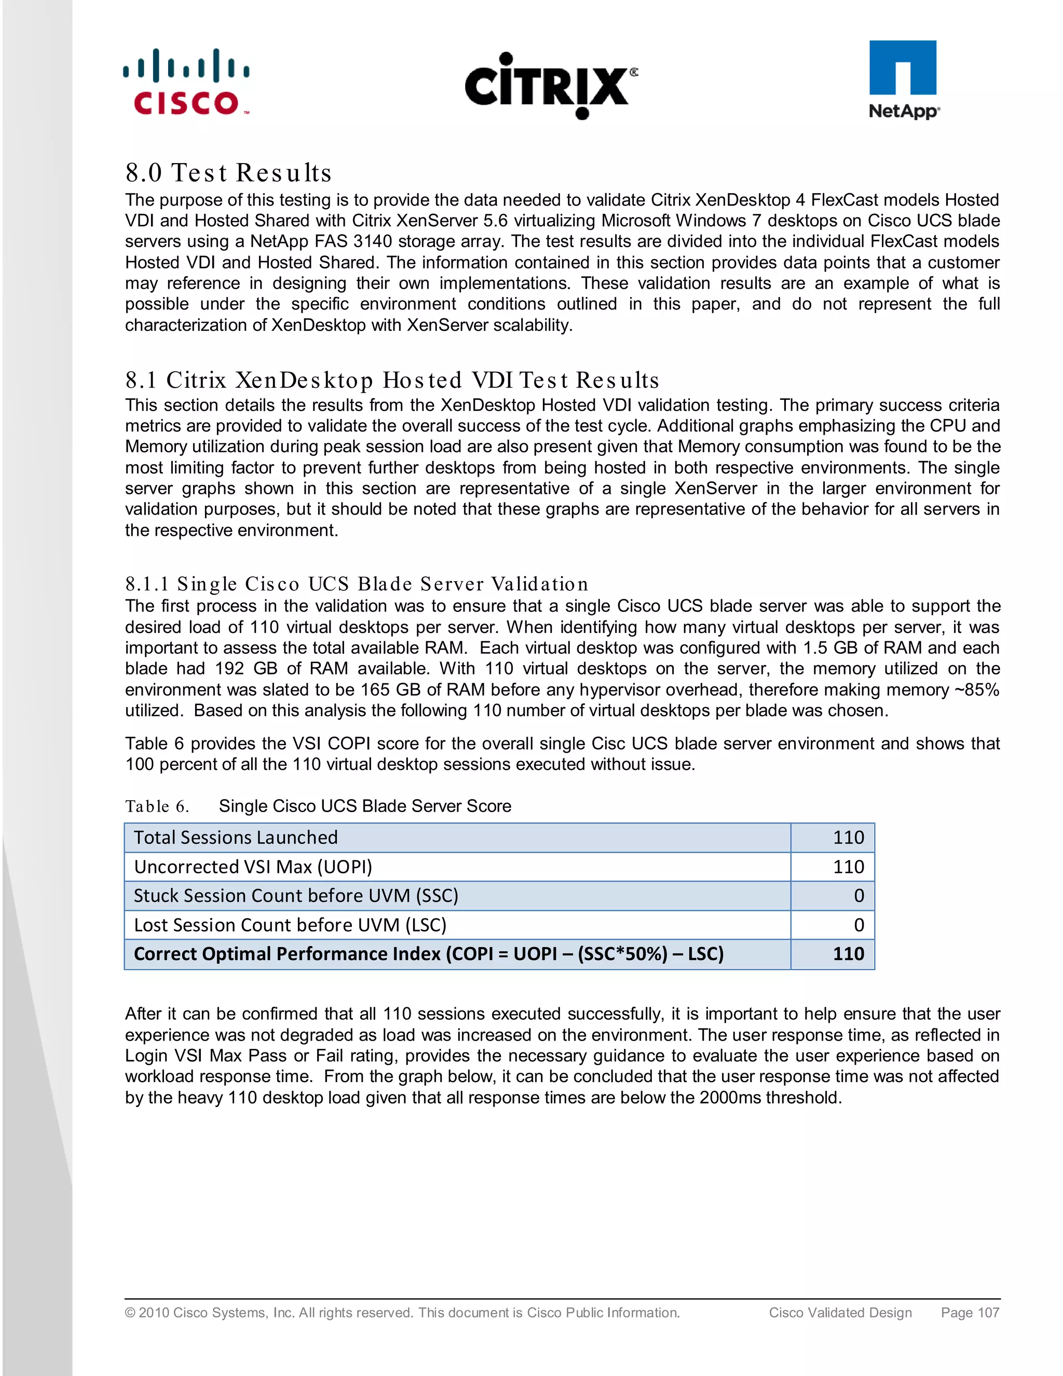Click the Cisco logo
pyautogui.click(x=186, y=83)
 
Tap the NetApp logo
pyautogui.click(x=903, y=79)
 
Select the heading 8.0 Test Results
pyautogui.click(x=228, y=172)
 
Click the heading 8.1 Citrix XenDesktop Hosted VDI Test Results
pyautogui.click(x=392, y=380)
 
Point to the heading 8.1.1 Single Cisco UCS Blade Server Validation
pyautogui.click(x=357, y=584)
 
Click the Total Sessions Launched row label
pyautogui.click(x=236, y=838)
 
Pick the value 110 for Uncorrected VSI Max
pyautogui.click(x=848, y=867)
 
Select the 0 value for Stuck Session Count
pyautogui.click(x=858, y=896)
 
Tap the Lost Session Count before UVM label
pyautogui.click(x=290, y=925)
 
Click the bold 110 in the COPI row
pyautogui.click(x=848, y=954)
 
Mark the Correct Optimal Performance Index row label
pyautogui.click(x=428, y=954)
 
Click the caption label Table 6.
pyautogui.click(x=157, y=806)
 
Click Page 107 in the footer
pyautogui.click(x=970, y=1312)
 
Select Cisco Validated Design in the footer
pyautogui.click(x=840, y=1312)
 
